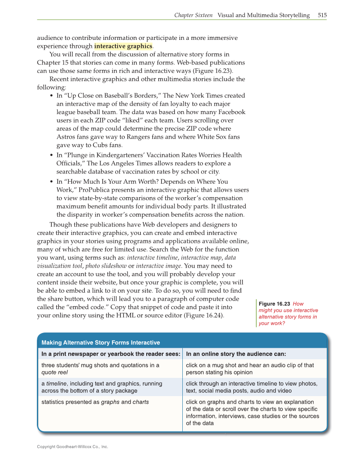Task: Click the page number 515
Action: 322,15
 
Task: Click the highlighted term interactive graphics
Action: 123,46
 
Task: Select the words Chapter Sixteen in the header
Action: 193,15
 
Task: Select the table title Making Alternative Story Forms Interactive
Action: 100,343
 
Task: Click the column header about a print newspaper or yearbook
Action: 111,354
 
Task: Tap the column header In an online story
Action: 236,354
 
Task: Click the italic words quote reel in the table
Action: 54,372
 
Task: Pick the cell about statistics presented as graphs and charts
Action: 95,402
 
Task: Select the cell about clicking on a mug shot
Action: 250,369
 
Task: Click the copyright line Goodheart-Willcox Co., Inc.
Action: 73,447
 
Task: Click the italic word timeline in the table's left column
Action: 57,383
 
